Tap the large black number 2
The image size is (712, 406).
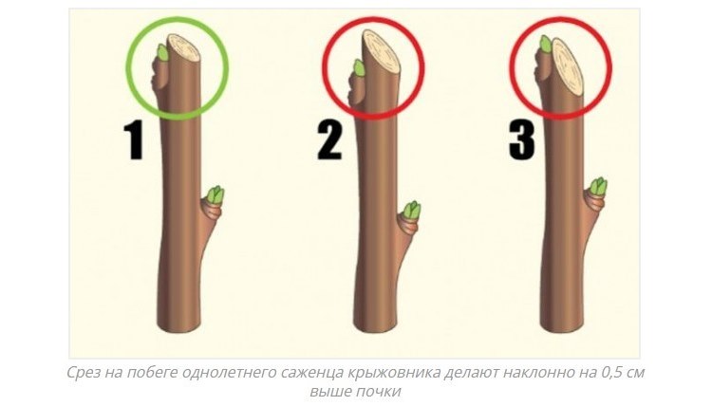click(x=330, y=141)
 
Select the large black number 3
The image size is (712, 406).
click(x=522, y=141)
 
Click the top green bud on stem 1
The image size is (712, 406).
click(x=162, y=52)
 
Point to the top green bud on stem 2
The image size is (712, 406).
click(x=359, y=67)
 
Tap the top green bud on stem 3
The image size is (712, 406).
click(x=546, y=44)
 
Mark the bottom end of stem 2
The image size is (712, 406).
click(x=375, y=332)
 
